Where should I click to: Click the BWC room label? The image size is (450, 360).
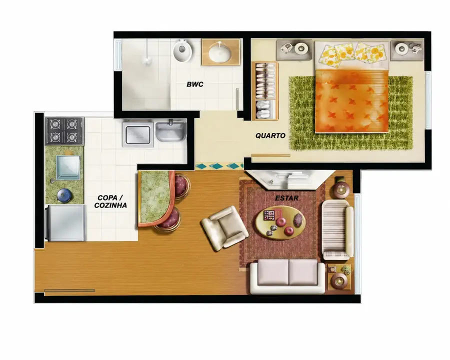coord(195,84)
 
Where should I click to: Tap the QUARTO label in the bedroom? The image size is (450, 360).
coord(270,135)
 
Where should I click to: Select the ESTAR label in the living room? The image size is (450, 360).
coord(286,198)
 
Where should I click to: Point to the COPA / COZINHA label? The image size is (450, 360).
coord(110,201)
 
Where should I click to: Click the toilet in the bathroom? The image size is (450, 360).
coord(182,50)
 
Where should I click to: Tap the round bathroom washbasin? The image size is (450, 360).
coord(219,52)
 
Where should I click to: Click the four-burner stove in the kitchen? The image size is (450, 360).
coord(64,131)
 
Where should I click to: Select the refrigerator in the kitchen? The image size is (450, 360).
coord(65,223)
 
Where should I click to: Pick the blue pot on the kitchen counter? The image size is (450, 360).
coord(64,196)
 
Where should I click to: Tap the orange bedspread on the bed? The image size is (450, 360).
coord(352,101)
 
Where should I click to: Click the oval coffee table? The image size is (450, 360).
coord(279,222)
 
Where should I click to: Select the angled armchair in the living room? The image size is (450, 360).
coord(224,227)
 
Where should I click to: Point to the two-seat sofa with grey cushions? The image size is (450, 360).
coord(287,276)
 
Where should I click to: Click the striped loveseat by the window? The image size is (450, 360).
coord(337,229)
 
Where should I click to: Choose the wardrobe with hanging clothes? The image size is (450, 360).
coord(265,90)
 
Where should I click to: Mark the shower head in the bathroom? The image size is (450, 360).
coord(146,60)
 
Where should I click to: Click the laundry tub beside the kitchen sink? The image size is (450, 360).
coord(171,131)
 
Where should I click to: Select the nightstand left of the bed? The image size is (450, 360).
coord(294,50)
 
